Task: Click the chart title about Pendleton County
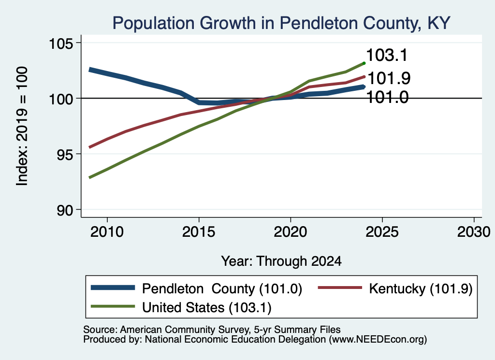coord(281,23)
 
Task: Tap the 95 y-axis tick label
coord(65,154)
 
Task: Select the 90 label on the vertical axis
coord(65,210)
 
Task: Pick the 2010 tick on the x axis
coord(107,232)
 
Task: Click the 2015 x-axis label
coord(199,232)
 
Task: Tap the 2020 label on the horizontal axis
coord(291,232)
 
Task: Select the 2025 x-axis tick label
coord(382,232)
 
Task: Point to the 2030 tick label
coord(474,232)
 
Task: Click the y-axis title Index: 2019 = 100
coord(22,126)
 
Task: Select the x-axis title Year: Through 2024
coord(281,261)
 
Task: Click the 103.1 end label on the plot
coord(387,55)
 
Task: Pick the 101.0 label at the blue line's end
coord(388,97)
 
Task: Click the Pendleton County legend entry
coord(196,288)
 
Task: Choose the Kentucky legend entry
coord(395,288)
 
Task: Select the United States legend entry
coord(181,307)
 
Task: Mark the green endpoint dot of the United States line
coord(364,63)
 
